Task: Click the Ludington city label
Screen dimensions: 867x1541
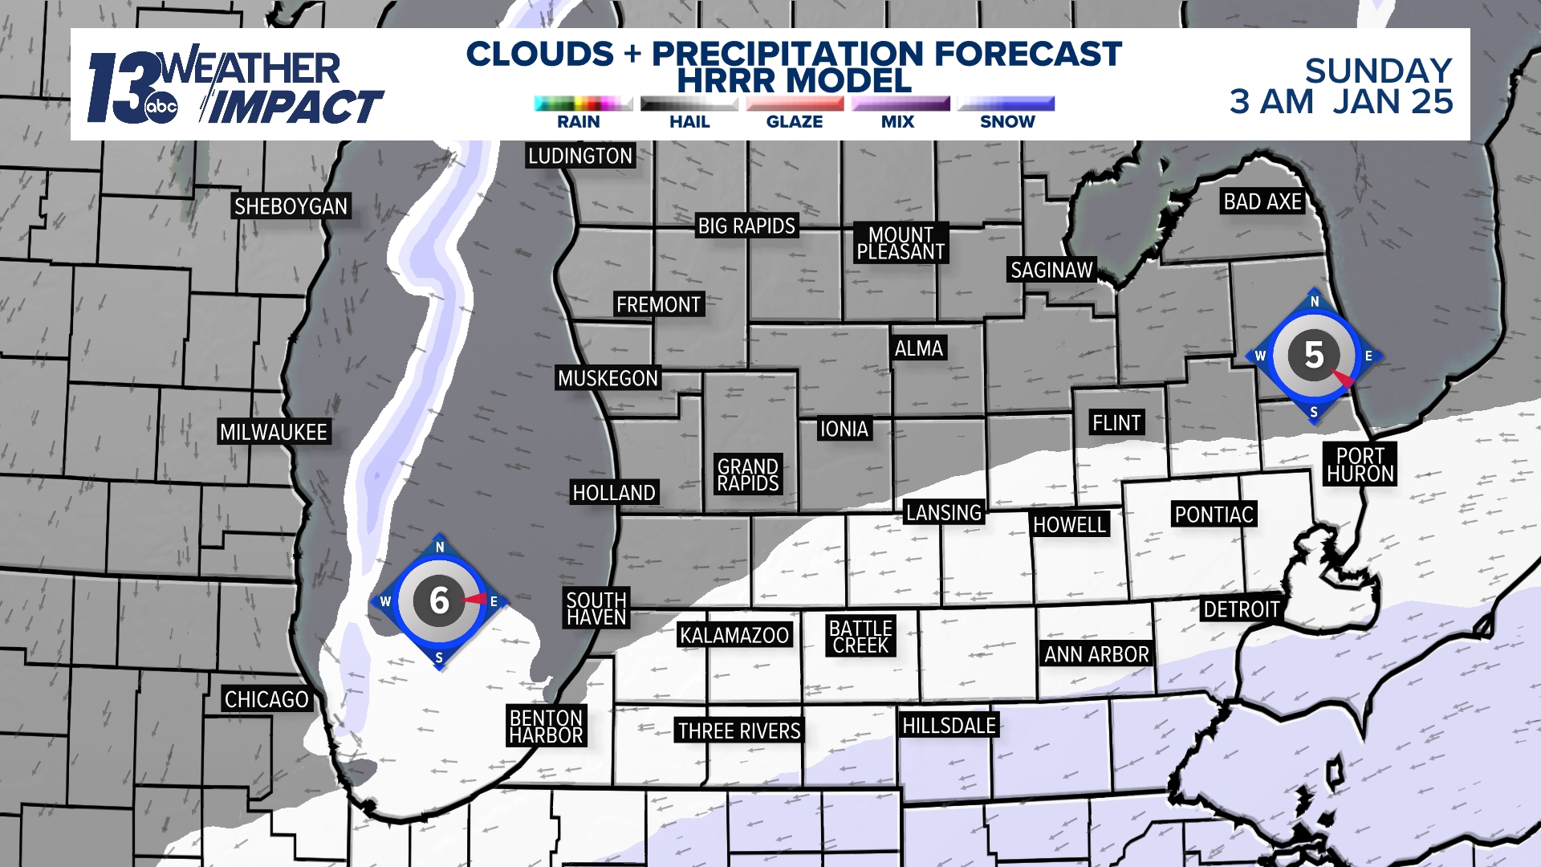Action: pyautogui.click(x=579, y=156)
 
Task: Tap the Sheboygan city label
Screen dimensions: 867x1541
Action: pyautogui.click(x=291, y=206)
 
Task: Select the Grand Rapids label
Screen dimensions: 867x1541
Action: pyautogui.click(x=748, y=475)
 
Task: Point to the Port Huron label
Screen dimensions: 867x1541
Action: pyautogui.click(x=1360, y=465)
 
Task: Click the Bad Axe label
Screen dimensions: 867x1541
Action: pyautogui.click(x=1262, y=201)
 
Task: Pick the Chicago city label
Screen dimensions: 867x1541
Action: pyautogui.click(x=266, y=699)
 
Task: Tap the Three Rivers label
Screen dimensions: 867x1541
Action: pyautogui.click(x=739, y=731)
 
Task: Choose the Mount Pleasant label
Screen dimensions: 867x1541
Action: pyautogui.click(x=901, y=243)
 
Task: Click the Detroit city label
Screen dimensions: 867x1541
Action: pyautogui.click(x=1241, y=609)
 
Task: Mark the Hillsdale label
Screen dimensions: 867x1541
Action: pyautogui.click(x=949, y=726)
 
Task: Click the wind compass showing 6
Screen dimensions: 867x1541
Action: pyautogui.click(x=439, y=600)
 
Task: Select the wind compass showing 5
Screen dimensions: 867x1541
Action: pyautogui.click(x=1314, y=355)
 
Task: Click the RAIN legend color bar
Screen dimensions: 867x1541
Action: pyautogui.click(x=583, y=104)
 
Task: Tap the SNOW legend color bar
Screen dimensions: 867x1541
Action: pyautogui.click(x=1006, y=104)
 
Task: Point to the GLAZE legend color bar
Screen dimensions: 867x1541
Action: pyautogui.click(x=795, y=104)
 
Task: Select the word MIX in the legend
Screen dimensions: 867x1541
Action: pyautogui.click(x=897, y=122)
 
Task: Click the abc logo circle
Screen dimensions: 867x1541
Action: pyautogui.click(x=161, y=108)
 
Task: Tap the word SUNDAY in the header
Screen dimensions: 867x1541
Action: pyautogui.click(x=1378, y=71)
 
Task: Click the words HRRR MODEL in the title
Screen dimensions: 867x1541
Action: pyautogui.click(x=794, y=80)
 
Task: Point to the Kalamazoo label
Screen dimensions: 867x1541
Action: pyautogui.click(x=734, y=635)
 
